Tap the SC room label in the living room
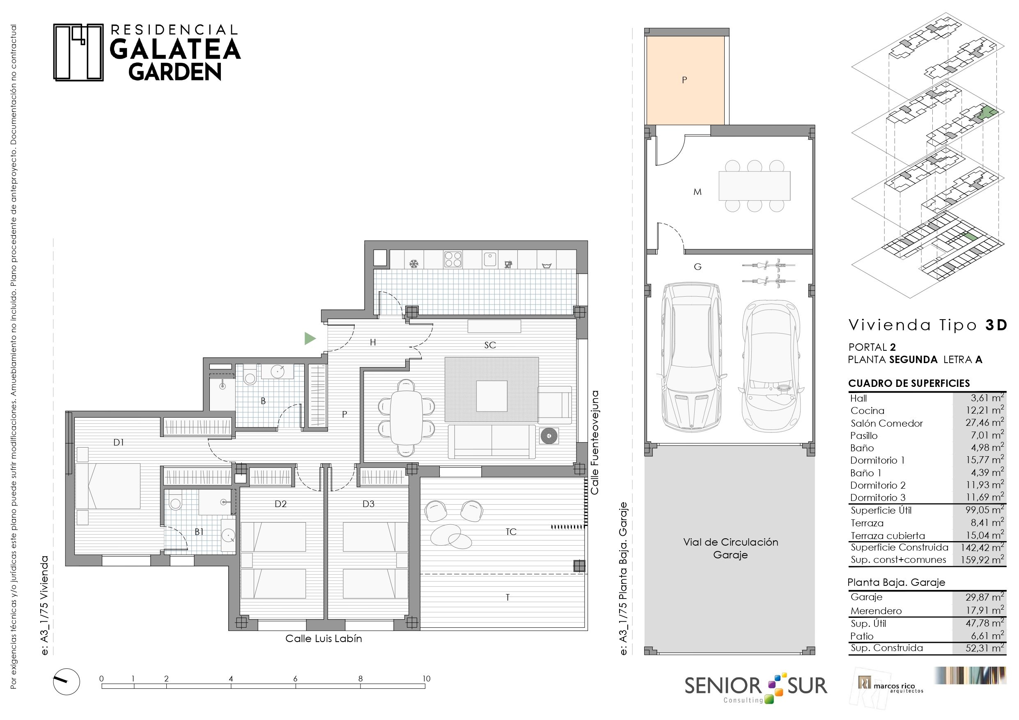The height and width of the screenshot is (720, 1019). [x=490, y=345]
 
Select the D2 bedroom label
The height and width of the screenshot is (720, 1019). [x=280, y=503]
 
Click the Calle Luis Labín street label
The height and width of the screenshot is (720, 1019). [x=324, y=638]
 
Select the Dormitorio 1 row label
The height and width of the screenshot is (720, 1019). [x=877, y=460]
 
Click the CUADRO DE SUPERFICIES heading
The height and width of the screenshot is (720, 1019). [x=909, y=383]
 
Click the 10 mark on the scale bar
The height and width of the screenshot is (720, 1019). [x=426, y=678]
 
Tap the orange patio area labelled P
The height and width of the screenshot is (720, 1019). [x=685, y=80]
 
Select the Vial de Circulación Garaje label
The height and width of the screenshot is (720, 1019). [x=730, y=549]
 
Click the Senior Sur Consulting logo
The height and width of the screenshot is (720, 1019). [x=756, y=688]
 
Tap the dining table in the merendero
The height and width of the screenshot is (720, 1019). [x=755, y=185]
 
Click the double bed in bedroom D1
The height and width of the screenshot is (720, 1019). [x=108, y=486]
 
